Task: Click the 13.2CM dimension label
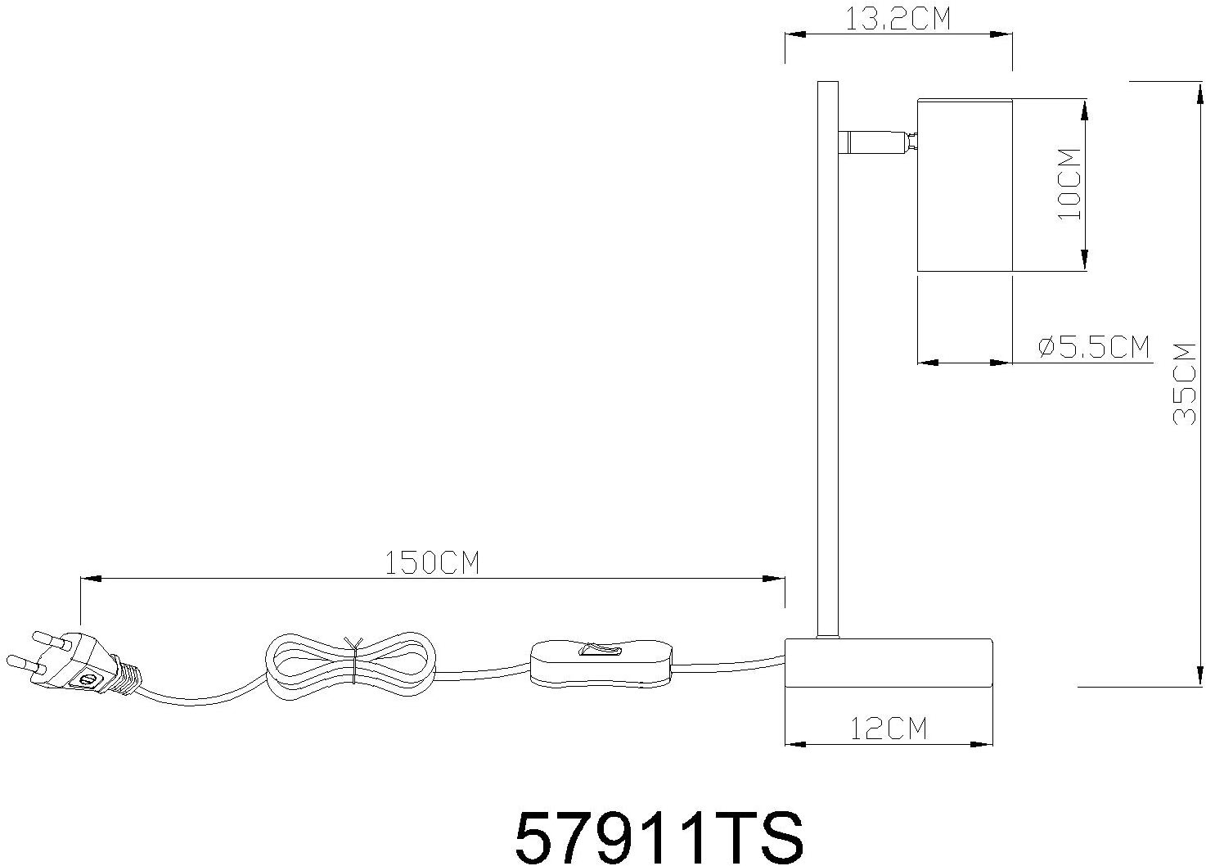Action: [898, 18]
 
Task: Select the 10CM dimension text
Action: [1069, 183]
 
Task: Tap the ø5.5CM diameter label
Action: [1094, 347]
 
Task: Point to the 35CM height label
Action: [1184, 383]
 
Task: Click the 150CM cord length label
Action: [431, 564]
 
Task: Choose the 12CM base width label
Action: [888, 728]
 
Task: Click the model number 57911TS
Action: [659, 836]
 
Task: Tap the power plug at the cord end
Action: [82, 663]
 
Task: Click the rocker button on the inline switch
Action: [601, 651]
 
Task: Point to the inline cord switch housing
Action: [601, 662]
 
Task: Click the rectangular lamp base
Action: [888, 662]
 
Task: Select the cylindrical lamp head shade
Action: [965, 185]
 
